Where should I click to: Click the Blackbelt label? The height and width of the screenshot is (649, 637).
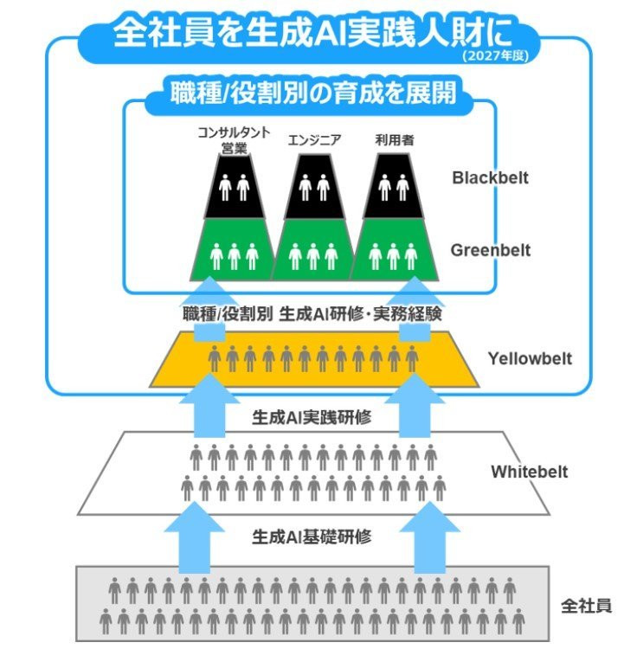[491, 178]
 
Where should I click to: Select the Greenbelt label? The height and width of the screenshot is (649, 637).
[491, 250]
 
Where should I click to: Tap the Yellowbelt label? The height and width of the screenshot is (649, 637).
[530, 358]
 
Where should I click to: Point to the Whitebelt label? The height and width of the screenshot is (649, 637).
[530, 472]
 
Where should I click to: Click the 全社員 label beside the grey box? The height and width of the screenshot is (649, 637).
[586, 606]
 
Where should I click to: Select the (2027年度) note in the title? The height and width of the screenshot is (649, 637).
[495, 56]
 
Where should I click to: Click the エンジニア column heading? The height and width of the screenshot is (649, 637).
[314, 140]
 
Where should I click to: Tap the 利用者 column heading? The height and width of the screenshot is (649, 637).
[395, 140]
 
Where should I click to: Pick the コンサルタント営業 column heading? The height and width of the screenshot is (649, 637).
[234, 140]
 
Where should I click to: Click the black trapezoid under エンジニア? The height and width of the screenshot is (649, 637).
[314, 187]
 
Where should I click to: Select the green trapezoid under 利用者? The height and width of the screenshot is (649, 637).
[394, 249]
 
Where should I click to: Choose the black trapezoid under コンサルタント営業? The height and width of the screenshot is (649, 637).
[235, 187]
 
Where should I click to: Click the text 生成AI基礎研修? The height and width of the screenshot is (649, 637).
[312, 537]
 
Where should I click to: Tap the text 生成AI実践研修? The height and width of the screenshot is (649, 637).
[312, 417]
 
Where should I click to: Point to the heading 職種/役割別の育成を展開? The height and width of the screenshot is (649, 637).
[313, 93]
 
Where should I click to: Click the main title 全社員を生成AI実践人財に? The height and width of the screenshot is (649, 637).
[313, 33]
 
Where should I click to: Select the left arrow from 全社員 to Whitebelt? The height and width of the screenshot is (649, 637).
[195, 537]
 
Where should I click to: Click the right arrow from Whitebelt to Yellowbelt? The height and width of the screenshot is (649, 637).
[415, 406]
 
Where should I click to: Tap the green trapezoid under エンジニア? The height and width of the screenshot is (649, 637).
[313, 249]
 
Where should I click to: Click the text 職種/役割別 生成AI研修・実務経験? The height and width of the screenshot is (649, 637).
[312, 314]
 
